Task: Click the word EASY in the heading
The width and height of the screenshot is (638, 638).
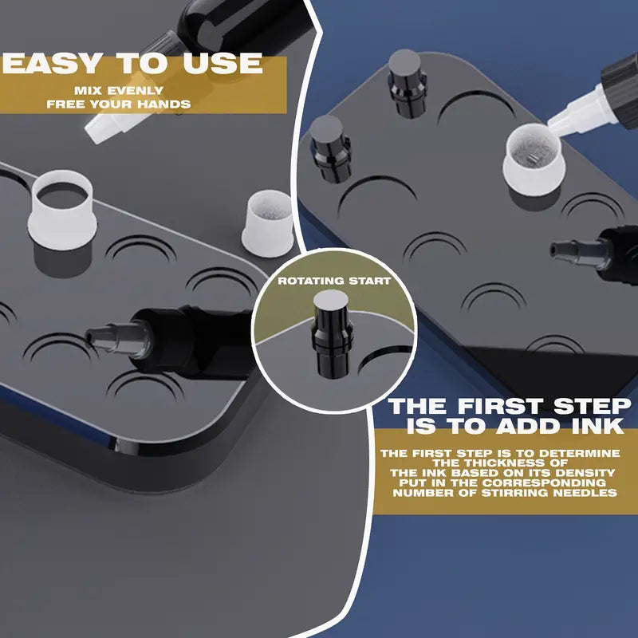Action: pyautogui.click(x=52, y=64)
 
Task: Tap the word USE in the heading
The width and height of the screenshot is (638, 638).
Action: pyautogui.click(x=223, y=64)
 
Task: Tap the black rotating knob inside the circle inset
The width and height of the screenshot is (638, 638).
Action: pyautogui.click(x=332, y=333)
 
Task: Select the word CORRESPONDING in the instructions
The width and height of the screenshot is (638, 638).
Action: pyautogui.click(x=544, y=483)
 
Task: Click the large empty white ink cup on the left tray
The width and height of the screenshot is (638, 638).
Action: pyautogui.click(x=62, y=210)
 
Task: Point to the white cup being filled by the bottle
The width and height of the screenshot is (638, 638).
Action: pyautogui.click(x=534, y=159)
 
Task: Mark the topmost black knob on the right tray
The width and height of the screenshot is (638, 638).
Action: pyautogui.click(x=407, y=84)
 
